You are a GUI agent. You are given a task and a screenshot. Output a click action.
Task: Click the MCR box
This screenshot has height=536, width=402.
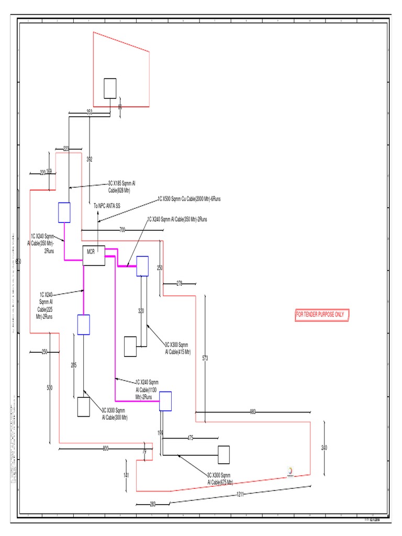coord(94,255)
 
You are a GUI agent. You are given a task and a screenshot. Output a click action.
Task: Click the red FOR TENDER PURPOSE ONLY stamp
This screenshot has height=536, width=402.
coord(320,315)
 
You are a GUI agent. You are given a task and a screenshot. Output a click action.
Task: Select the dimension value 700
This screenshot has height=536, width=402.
coord(122,230)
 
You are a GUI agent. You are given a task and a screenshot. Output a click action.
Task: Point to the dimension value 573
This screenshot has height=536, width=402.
coord(205,359)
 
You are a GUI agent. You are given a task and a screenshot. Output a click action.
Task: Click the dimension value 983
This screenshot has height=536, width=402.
coord(252,412)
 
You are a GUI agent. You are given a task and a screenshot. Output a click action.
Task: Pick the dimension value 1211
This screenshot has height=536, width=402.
coord(240,494)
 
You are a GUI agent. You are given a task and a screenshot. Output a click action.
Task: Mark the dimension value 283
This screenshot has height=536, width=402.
coord(153,504)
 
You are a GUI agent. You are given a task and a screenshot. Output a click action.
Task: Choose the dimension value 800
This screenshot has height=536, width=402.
coord(106,449)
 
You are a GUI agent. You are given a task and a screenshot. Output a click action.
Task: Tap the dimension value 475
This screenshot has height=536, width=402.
coord(190,438)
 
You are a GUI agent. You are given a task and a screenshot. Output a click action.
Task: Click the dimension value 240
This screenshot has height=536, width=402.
coord(324,448)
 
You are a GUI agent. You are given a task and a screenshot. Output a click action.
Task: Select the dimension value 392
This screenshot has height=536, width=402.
coord(90,159)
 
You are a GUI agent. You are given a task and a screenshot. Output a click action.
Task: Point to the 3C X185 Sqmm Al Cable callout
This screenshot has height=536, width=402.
coord(121,186)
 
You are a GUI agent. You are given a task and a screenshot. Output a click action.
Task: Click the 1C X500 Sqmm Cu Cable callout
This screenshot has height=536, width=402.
coord(189,199)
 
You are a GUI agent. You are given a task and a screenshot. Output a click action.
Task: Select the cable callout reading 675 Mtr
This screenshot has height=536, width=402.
coord(220,478)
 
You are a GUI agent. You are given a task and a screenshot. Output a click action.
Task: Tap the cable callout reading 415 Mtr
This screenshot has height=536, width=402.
coord(177,348)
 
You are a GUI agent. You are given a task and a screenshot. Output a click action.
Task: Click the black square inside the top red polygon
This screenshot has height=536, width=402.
coord(110,88)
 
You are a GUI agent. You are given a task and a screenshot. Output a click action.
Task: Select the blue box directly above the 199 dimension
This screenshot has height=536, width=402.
coord(165,401)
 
